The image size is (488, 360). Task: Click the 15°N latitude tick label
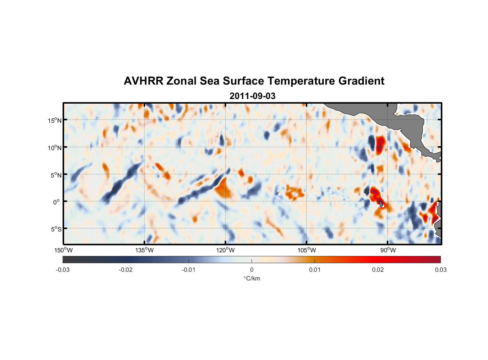55,120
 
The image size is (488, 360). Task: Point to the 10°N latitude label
55,148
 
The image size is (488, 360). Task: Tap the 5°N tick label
56,175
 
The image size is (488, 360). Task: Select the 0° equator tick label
57,202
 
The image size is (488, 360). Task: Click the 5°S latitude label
56,229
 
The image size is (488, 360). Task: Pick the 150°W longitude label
63,250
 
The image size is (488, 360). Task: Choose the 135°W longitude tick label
144,250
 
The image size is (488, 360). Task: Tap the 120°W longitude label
225,250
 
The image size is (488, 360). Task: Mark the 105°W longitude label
307,250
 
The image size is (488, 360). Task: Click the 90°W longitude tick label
388,250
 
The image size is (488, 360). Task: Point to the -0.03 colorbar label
63,270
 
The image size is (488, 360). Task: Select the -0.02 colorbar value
126,270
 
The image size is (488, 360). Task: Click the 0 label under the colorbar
252,270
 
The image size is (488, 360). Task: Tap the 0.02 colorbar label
378,270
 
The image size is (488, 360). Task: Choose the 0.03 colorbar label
440,270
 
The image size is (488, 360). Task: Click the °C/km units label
252,278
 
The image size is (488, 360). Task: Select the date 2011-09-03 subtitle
252,96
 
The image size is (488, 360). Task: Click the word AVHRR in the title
143,81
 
